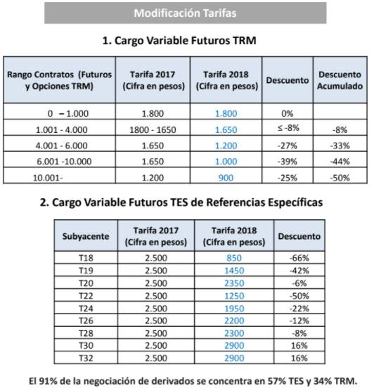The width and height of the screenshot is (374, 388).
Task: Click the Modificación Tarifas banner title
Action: coord(185,13)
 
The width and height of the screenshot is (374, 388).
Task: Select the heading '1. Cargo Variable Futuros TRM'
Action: coord(179,41)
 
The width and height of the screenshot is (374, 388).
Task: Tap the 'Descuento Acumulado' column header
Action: coord(340,80)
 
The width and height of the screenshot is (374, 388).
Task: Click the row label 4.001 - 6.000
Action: coord(61,145)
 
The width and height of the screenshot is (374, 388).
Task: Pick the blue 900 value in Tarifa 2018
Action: coord(226,178)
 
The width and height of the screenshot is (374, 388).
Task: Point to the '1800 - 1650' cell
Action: coord(153,129)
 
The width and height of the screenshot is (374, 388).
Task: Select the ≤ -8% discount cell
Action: coord(288,128)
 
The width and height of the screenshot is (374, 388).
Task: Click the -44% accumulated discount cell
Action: coord(340,162)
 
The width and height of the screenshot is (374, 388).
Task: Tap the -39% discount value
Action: coord(287,162)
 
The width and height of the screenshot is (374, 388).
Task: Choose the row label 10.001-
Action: coord(48,178)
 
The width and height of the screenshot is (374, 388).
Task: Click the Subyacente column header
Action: coord(86,236)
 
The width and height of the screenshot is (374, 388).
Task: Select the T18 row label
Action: coord(86,258)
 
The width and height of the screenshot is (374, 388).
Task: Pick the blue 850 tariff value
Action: coord(234,258)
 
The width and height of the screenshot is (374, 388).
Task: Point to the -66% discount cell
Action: coord(299,258)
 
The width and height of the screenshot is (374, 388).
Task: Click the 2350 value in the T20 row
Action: coord(234,283)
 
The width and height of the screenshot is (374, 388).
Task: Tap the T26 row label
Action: coord(86,321)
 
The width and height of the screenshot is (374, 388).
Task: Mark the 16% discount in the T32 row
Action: coord(299,358)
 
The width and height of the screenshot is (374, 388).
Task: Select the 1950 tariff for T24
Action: coord(234,309)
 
